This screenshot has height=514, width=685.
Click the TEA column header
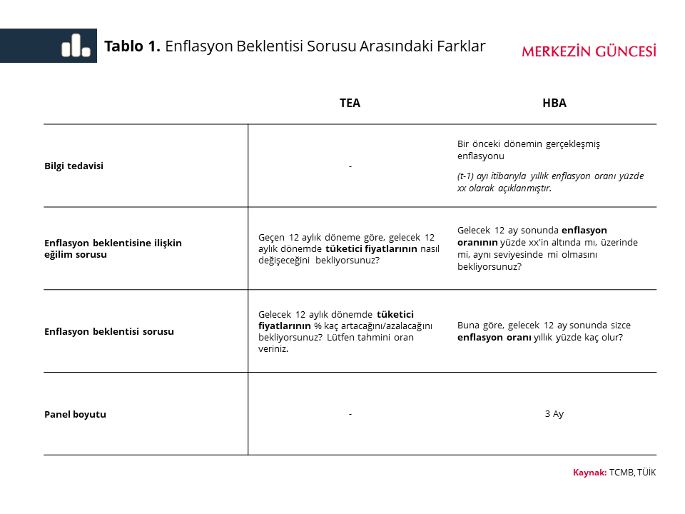point(350,103)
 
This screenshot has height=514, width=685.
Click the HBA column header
point(554,103)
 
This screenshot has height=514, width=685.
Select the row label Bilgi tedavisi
point(73,166)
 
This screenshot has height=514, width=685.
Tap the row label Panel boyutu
point(75,414)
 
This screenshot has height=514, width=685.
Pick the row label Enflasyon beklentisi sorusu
point(108,331)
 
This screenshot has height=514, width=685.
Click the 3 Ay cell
point(554,413)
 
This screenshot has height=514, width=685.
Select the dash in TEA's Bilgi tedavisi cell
point(350,166)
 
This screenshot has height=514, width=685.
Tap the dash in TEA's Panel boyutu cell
point(350,414)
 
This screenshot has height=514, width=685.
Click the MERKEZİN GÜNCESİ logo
point(589,51)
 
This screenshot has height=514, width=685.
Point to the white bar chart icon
point(76,46)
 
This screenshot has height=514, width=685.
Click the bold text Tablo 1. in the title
point(132,46)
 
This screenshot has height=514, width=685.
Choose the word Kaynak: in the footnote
point(589,473)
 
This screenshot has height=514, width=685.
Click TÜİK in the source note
point(646,473)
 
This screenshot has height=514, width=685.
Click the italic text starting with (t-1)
point(550,182)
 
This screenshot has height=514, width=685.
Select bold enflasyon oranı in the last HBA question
point(494,337)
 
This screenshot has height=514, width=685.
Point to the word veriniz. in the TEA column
point(273,349)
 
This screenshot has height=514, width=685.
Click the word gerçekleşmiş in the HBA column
point(573,143)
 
